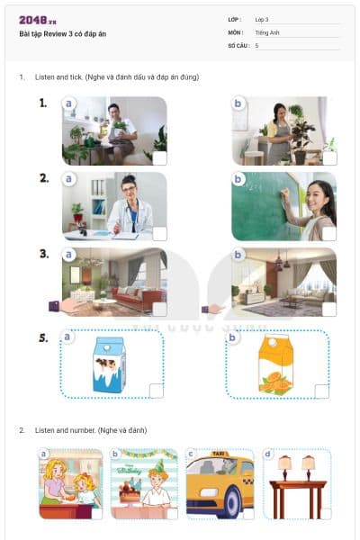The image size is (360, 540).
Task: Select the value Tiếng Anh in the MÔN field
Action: [x=268, y=31]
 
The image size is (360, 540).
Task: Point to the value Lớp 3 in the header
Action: [x=262, y=19]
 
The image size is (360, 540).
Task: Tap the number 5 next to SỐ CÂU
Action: [x=256, y=44]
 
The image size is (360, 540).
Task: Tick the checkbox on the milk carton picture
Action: [x=157, y=391]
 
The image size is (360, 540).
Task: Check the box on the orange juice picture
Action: [x=322, y=391]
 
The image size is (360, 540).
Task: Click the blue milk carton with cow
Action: [x=110, y=364]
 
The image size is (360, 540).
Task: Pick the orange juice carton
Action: [x=275, y=364]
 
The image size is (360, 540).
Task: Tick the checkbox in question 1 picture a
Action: [x=158, y=157]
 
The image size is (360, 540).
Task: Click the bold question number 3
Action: [x=44, y=254]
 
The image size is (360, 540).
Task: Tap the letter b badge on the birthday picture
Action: [x=116, y=454]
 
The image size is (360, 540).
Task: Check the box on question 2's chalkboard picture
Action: [x=329, y=233]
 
